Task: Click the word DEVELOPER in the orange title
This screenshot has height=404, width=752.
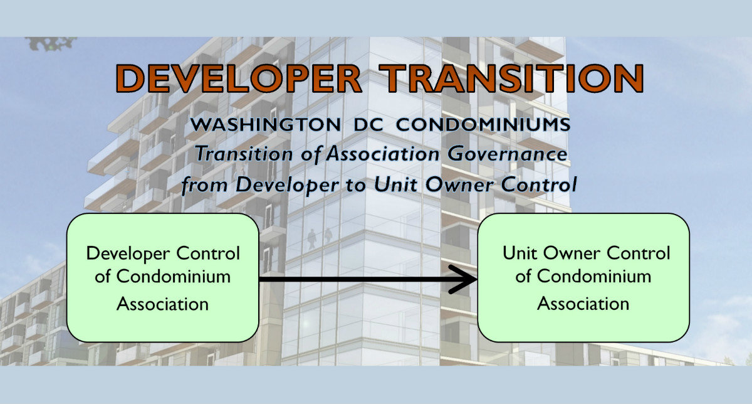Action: pos(238,78)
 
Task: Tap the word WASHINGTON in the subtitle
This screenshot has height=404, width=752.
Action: pos(266,125)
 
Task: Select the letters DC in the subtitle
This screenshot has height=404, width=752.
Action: pos(368,125)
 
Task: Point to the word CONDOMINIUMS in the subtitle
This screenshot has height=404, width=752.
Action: pos(483,125)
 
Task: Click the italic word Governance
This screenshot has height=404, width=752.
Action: pos(507,154)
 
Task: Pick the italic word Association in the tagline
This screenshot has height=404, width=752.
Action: pos(383,154)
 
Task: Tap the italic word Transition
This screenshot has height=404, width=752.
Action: pos(244,154)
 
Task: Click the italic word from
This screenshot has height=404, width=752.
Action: pos(204,185)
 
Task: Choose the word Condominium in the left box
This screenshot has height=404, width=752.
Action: pos(173,277)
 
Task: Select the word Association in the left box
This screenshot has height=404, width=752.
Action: pos(162,304)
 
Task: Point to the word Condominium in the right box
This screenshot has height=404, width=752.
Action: pos(594,276)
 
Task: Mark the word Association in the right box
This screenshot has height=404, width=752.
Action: pos(583,304)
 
